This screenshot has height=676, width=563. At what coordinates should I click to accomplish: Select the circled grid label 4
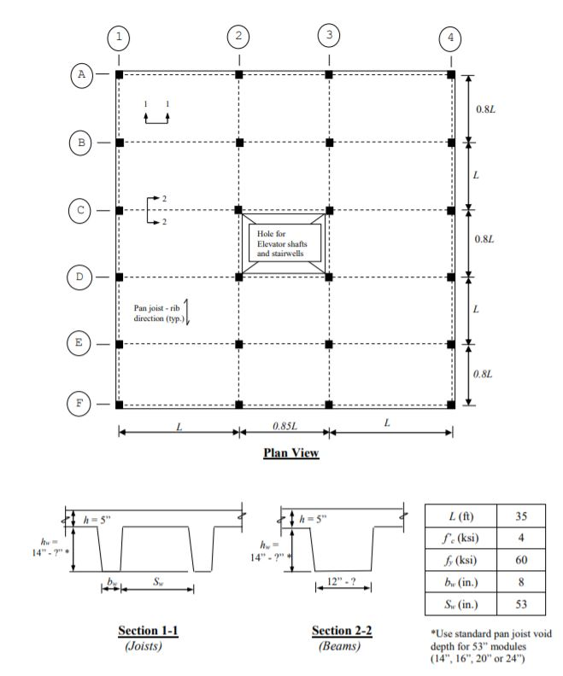tap(451, 38)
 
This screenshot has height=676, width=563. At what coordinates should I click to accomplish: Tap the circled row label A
tap(82, 74)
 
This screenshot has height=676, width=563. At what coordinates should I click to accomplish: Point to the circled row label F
tap(82, 404)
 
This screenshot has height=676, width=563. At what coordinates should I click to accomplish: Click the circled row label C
tap(82, 210)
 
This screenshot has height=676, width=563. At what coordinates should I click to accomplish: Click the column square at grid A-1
tap(119, 75)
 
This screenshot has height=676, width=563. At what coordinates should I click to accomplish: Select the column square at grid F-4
tap(451, 404)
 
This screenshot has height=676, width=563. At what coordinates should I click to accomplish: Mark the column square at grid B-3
tap(329, 143)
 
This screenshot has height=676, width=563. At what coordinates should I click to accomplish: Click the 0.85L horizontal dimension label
tap(284, 425)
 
